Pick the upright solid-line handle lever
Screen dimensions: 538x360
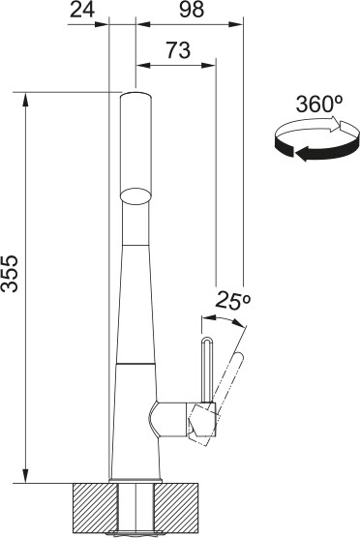(x=206, y=368)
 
